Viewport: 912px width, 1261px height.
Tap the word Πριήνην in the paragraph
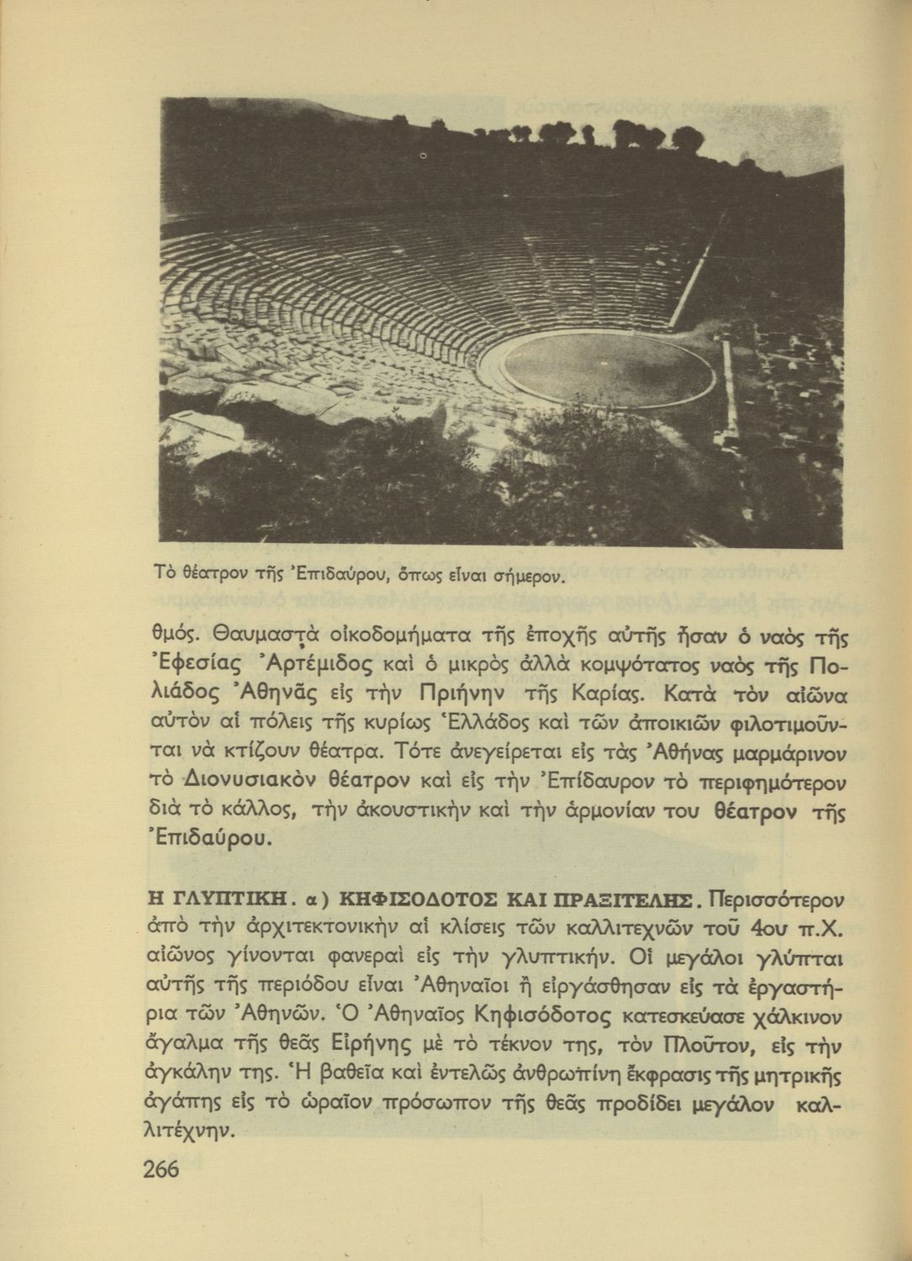457,694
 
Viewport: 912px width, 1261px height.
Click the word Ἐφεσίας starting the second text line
191,666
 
